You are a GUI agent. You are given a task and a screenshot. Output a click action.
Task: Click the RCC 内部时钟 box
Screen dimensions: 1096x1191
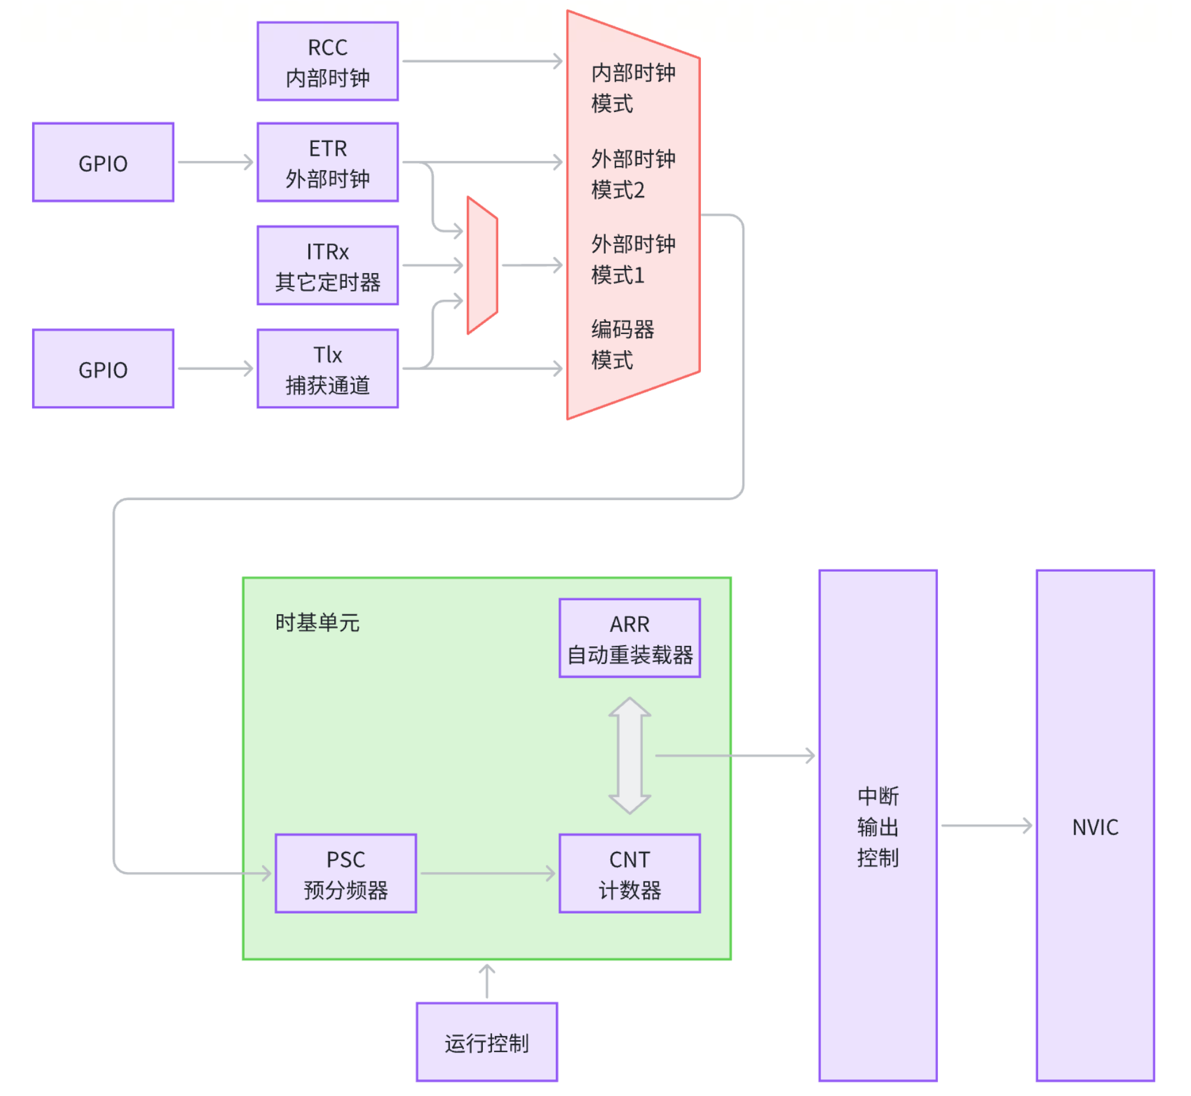(328, 62)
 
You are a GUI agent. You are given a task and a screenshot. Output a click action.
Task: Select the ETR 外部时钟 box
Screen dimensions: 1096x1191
(328, 162)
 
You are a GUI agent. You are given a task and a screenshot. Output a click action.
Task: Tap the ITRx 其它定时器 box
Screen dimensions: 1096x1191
(328, 265)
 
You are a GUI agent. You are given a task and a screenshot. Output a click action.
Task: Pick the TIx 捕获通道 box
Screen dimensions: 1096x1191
(328, 369)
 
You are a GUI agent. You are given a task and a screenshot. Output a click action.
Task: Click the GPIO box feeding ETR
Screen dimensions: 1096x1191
(103, 162)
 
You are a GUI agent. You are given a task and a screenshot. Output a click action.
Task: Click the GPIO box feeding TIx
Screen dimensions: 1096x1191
(103, 369)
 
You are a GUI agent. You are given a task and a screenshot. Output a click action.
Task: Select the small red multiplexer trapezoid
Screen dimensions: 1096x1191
(482, 265)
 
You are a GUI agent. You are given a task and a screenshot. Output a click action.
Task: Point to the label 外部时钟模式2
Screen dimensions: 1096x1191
(632, 174)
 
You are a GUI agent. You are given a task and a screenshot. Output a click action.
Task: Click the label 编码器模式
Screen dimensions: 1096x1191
(623, 345)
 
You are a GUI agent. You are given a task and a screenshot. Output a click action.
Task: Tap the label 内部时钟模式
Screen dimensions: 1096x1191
(632, 88)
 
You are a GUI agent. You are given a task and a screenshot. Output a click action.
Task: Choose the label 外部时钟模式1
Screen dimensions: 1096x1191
(632, 259)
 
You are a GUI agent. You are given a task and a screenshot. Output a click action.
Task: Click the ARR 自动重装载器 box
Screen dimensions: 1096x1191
(629, 638)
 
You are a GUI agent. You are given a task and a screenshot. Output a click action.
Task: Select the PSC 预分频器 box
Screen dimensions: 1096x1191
(346, 874)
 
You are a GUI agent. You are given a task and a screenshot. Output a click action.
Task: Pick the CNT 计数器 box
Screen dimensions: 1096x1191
(629, 874)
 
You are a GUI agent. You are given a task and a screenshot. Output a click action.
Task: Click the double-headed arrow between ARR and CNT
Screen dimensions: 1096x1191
(629, 755)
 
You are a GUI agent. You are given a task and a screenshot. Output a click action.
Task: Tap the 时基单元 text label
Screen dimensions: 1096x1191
(318, 623)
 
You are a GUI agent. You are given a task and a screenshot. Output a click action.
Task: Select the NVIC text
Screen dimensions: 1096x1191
(1095, 828)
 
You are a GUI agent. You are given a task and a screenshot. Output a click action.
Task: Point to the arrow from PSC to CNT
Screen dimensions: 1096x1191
(488, 874)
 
